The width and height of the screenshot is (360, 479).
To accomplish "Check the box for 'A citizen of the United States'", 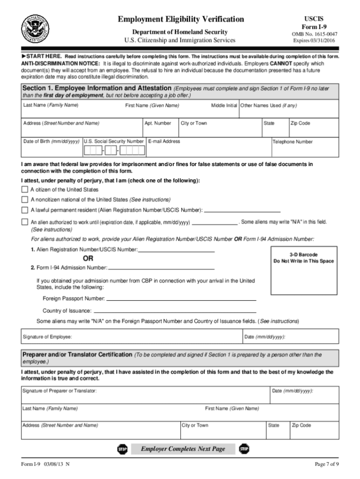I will pyautogui.click(x=24, y=190).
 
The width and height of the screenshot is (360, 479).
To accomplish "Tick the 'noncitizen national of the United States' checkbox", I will pyautogui.click(x=24, y=199).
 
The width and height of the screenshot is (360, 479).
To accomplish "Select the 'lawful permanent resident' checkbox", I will pyautogui.click(x=24, y=210).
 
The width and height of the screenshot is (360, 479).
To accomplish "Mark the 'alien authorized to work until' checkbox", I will pyautogui.click(x=24, y=222).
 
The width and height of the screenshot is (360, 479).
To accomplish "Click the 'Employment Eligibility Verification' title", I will pyautogui.click(x=180, y=19).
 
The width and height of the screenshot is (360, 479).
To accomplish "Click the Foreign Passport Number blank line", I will pyautogui.click(x=181, y=299).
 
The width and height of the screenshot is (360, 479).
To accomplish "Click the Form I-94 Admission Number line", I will pyautogui.click(x=161, y=268).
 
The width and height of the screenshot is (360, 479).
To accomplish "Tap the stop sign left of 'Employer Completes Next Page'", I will pyautogui.click(x=122, y=449).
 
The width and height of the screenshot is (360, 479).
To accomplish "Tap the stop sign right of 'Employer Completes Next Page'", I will pyautogui.click(x=244, y=449).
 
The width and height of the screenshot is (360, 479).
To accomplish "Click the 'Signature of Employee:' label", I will pyautogui.click(x=47, y=337).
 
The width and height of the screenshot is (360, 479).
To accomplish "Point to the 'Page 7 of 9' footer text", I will pyautogui.click(x=326, y=464).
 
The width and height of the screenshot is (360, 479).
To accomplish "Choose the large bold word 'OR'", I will pyautogui.click(x=88, y=259).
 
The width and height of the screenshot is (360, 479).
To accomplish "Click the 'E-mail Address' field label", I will pyautogui.click(x=164, y=141).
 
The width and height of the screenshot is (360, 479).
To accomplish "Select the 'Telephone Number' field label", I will pyautogui.click(x=293, y=142).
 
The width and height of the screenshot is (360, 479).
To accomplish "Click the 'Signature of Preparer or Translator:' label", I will pyautogui.click(x=60, y=391).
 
